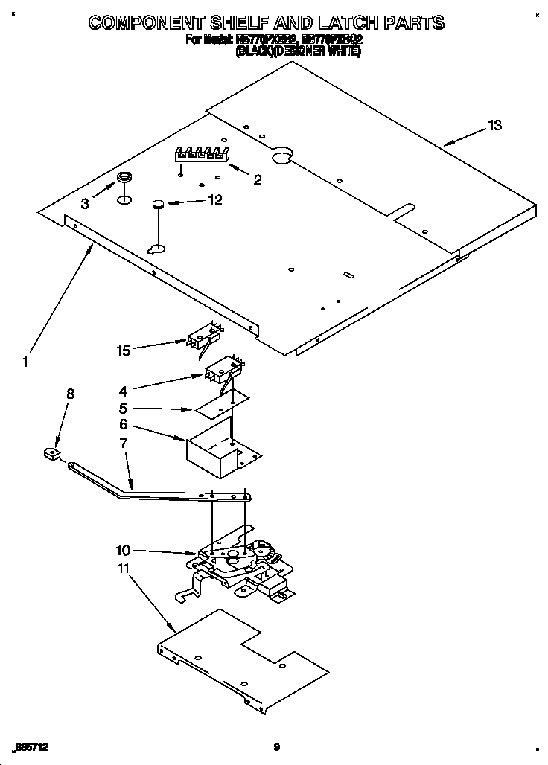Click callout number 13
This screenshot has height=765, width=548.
click(x=494, y=126)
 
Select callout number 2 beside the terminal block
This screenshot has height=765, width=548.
click(x=258, y=179)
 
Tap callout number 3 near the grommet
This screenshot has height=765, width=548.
click(x=85, y=203)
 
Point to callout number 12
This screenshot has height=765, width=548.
click(x=214, y=199)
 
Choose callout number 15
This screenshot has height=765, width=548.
click(x=124, y=349)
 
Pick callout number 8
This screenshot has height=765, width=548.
click(x=71, y=394)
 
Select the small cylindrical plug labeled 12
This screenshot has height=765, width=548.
click(x=157, y=205)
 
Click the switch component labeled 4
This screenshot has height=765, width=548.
click(x=220, y=371)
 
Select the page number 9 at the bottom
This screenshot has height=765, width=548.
click(x=276, y=746)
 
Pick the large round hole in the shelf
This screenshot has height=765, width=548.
click(x=281, y=156)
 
